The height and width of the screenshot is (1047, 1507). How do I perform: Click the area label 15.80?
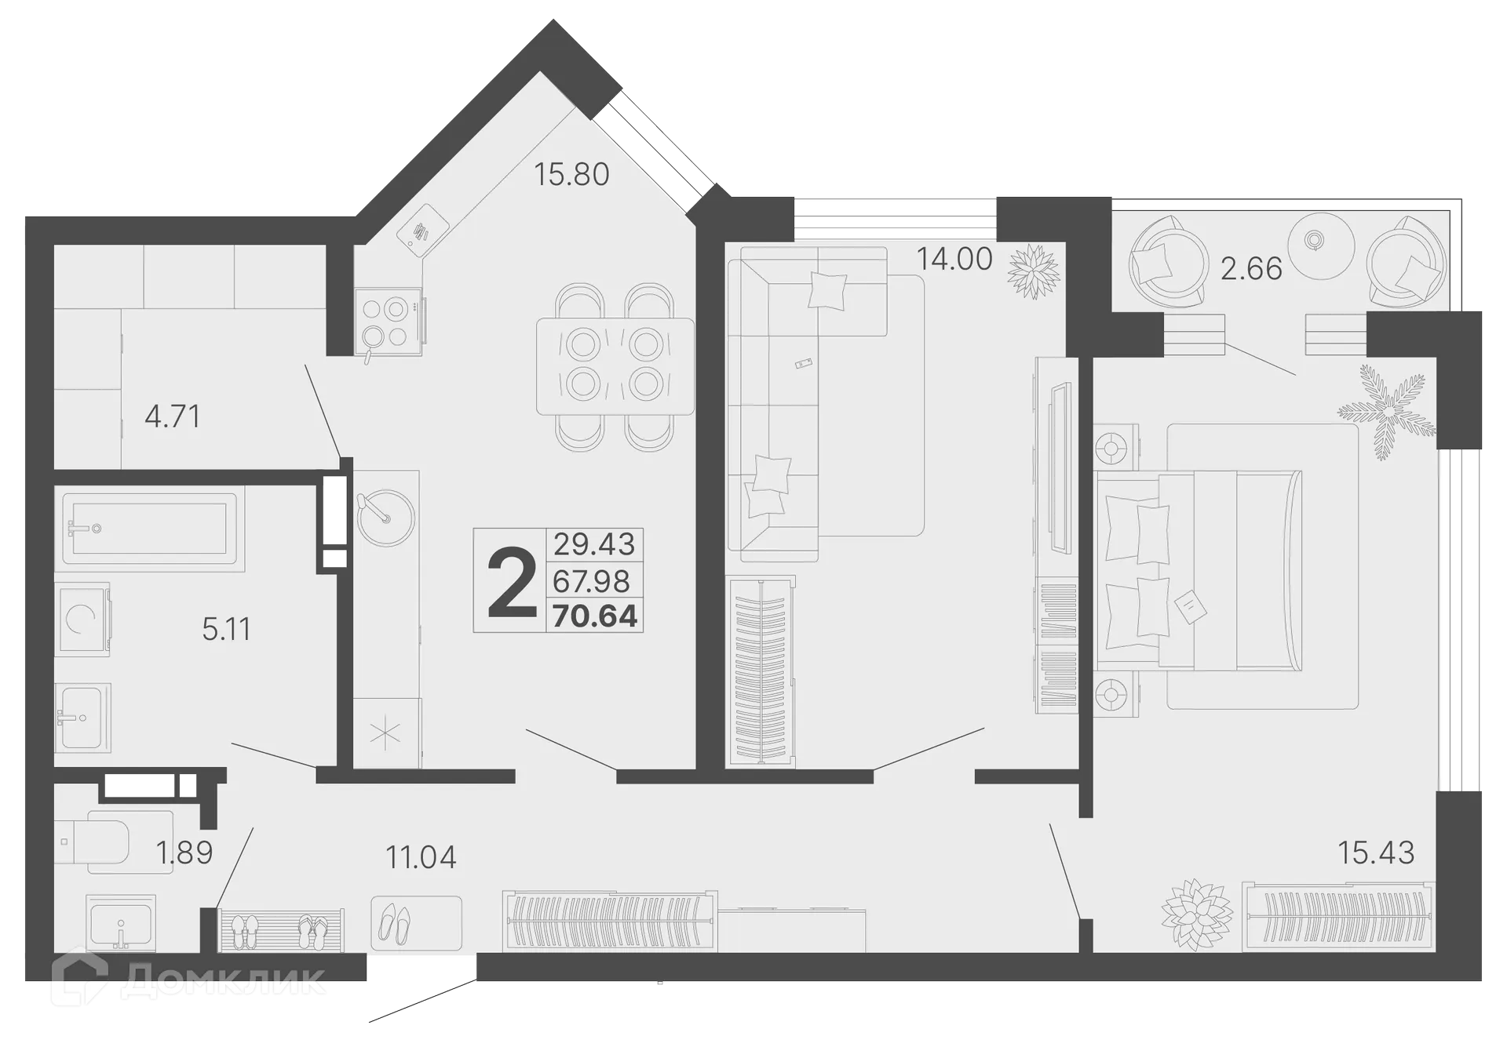point(571,174)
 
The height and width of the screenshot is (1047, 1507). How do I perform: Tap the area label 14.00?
point(954,259)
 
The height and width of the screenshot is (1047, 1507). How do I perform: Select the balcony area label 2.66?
point(1251,269)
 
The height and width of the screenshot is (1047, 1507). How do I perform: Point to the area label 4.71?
point(173,416)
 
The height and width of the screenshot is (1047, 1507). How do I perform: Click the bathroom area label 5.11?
point(226,629)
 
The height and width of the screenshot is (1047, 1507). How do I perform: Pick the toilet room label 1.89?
point(185,853)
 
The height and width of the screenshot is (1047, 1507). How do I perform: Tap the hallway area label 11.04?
point(421,857)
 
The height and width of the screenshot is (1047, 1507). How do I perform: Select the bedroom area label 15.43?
point(1376,853)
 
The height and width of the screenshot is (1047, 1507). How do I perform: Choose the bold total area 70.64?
point(595,616)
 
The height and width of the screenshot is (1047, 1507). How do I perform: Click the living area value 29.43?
point(594,543)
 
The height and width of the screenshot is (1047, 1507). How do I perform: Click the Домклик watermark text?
point(224,981)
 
